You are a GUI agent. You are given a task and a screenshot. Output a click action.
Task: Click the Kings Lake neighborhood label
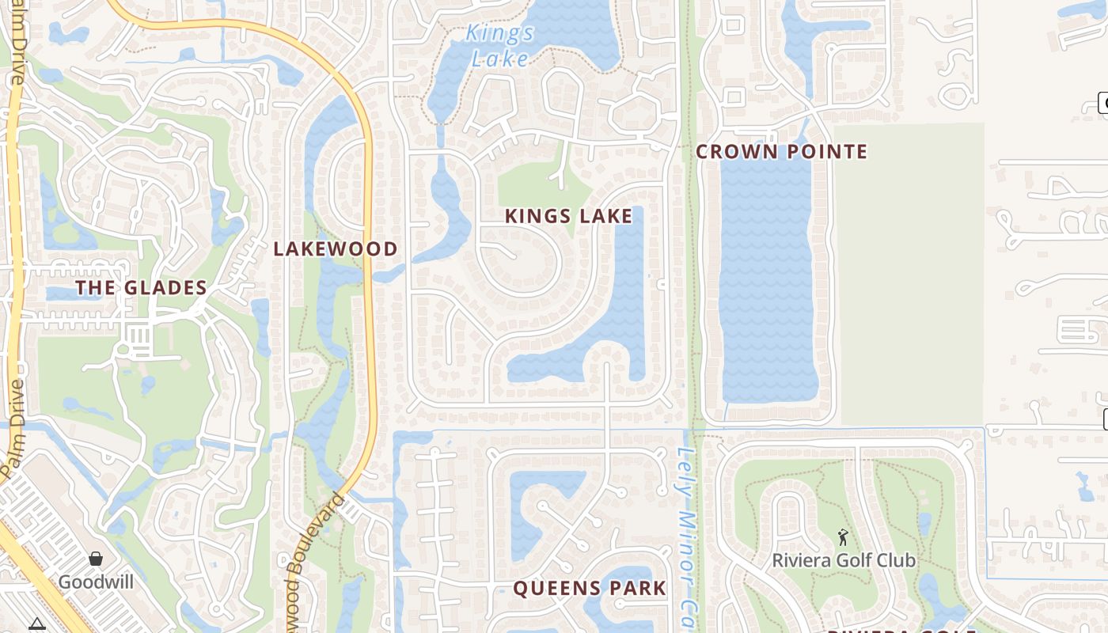[568, 216]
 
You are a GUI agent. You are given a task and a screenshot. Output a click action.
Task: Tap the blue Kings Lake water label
[499, 46]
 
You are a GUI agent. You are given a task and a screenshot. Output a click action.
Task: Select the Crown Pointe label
[781, 152]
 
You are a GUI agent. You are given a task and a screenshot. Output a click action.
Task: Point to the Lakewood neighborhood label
[336, 249]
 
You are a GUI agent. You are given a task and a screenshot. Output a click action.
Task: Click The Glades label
[141, 288]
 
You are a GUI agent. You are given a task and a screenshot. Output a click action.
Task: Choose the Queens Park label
[590, 589]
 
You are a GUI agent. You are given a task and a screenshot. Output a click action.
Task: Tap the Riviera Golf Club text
[844, 561]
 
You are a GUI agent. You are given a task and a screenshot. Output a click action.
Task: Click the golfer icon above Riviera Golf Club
[843, 538]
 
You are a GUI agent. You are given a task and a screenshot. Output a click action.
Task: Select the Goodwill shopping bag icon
[96, 559]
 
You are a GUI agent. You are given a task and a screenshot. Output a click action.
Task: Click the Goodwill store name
[96, 582]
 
